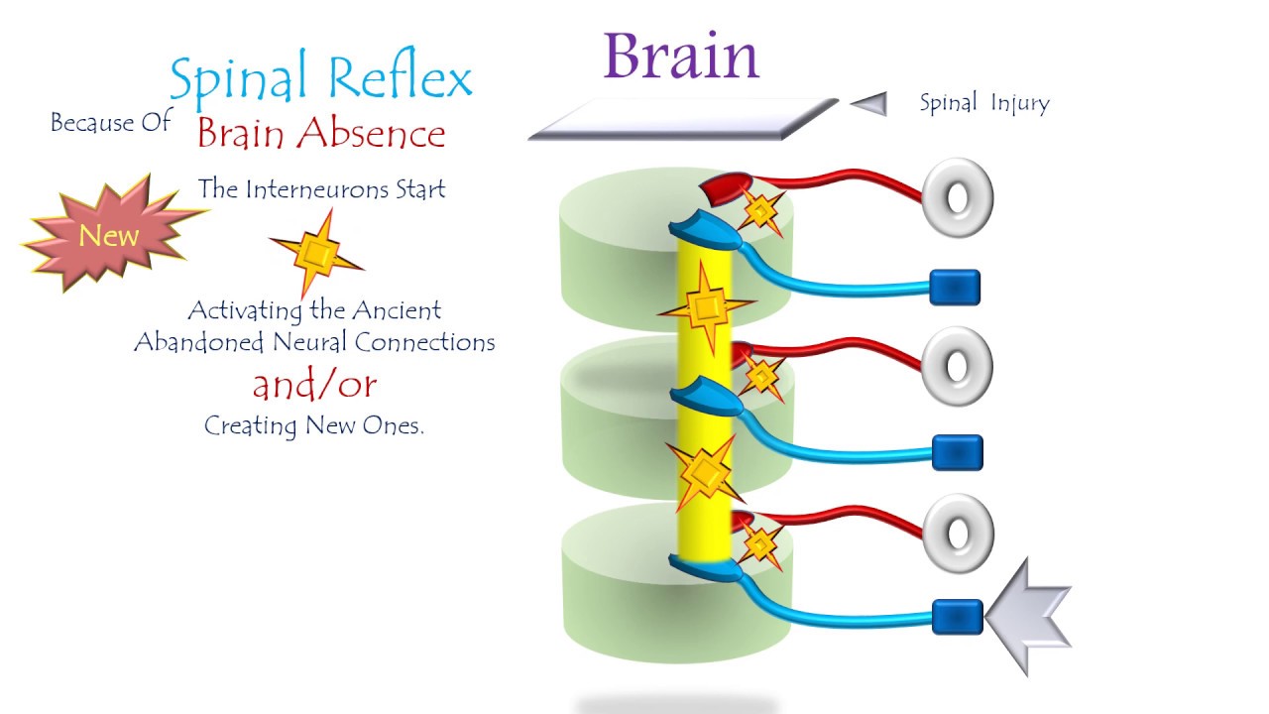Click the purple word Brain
tap(681, 57)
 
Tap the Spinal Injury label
tap(983, 103)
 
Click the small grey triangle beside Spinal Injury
tap(870, 103)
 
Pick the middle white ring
tap(957, 366)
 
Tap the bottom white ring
tap(957, 533)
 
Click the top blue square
tap(955, 288)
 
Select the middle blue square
tap(957, 453)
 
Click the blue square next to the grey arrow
tap(957, 616)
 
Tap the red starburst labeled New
tap(109, 236)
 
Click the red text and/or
tap(314, 384)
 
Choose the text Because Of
tap(110, 123)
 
